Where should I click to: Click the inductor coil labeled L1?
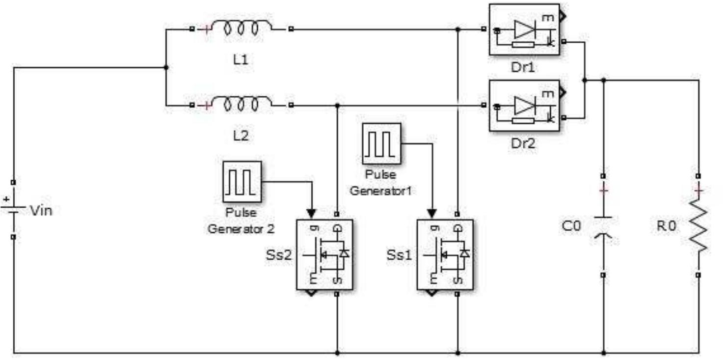click(x=241, y=28)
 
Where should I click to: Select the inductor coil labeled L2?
click(x=241, y=105)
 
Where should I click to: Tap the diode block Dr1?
click(x=524, y=30)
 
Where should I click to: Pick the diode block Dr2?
click(x=524, y=106)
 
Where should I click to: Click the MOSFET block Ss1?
click(x=445, y=254)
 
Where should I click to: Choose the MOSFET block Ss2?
click(x=325, y=254)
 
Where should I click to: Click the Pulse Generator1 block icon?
click(x=381, y=143)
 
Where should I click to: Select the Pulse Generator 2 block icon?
click(x=242, y=181)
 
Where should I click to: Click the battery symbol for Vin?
click(x=13, y=209)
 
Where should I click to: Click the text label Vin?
click(x=41, y=211)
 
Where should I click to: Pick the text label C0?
click(x=571, y=226)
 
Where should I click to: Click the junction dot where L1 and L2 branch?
click(x=166, y=67)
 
